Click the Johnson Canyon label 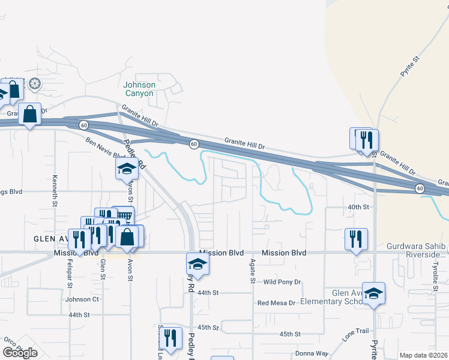(x=139, y=89)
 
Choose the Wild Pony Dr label (x=282, y=281)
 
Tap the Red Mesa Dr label (x=276, y=303)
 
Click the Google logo (x=20, y=352)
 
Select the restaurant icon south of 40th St (x=355, y=238)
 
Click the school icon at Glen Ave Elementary (x=373, y=293)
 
